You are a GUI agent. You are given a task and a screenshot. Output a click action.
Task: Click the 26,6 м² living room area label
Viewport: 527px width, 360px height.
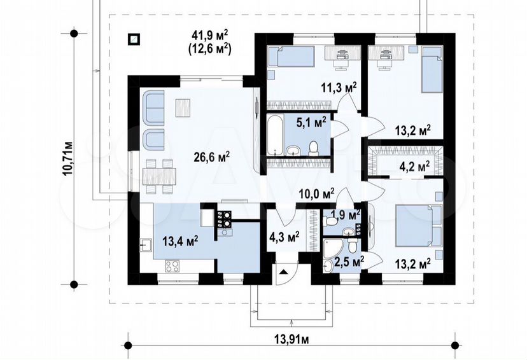pyautogui.click(x=212, y=157)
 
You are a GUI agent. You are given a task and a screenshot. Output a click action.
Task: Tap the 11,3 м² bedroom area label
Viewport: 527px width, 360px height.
pyautogui.click(x=338, y=88)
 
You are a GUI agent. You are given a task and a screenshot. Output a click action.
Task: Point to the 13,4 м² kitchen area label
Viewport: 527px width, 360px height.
pyautogui.click(x=180, y=241)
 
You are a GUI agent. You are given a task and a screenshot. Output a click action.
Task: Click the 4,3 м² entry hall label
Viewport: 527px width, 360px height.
pyautogui.click(x=285, y=237)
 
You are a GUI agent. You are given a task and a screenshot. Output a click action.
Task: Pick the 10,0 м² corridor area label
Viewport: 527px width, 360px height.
pyautogui.click(x=317, y=193)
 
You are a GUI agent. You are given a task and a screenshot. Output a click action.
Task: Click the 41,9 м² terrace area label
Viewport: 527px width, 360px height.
pyautogui.click(x=210, y=34)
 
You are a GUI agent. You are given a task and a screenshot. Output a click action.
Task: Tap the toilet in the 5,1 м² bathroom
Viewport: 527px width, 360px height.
pyautogui.click(x=314, y=149)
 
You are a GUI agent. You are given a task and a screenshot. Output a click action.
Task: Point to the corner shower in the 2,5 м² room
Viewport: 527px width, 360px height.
pyautogui.click(x=332, y=248)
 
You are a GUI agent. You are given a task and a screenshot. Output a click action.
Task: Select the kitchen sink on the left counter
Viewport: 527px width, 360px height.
pyautogui.click(x=146, y=245)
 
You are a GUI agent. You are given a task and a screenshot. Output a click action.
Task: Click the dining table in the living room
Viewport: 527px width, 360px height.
pyautogui.click(x=159, y=176)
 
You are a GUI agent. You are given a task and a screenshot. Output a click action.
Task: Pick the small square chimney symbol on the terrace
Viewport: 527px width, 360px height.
pyautogui.click(x=134, y=39)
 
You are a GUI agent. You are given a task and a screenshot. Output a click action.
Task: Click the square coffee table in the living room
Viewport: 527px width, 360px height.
pyautogui.click(x=183, y=107)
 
